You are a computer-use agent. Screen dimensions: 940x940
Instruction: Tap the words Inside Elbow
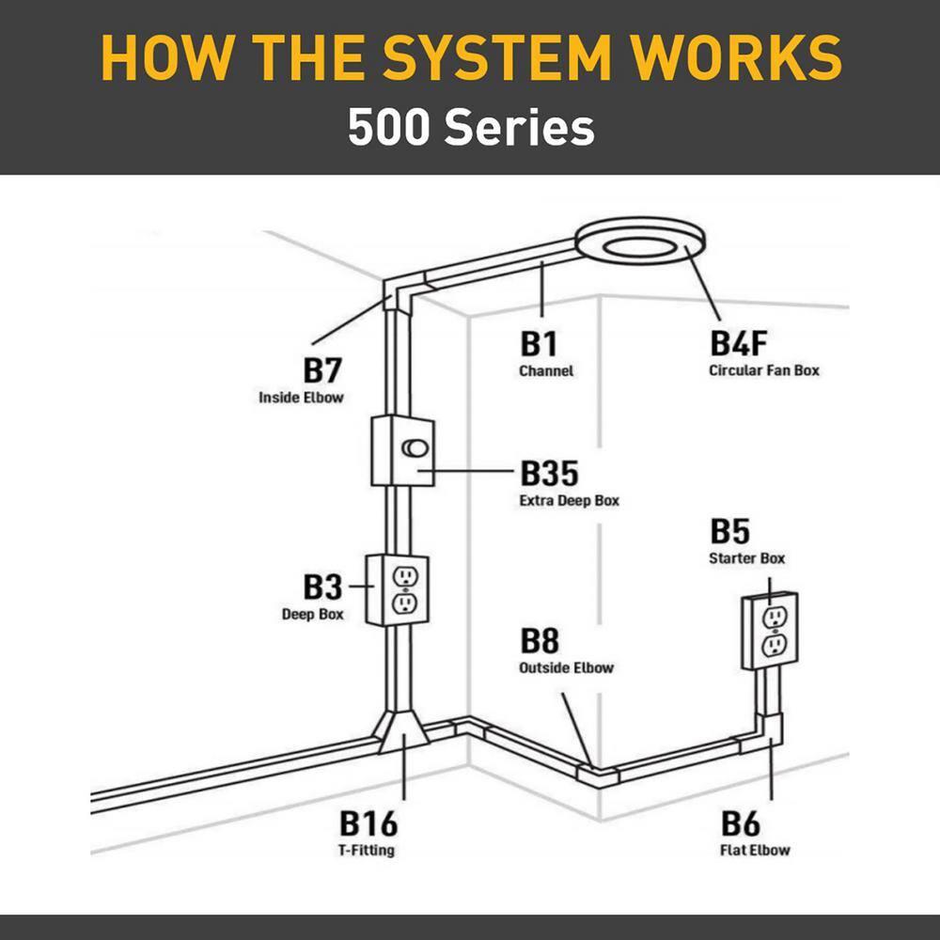(301, 398)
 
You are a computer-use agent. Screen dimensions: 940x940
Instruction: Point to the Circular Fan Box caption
(763, 370)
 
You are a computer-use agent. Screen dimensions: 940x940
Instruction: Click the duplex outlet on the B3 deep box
(404, 589)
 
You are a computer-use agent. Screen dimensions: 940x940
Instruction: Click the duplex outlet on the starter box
(774, 631)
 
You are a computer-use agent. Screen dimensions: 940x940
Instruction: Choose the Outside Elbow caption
(566, 668)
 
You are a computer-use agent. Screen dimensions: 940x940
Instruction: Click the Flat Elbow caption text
(756, 851)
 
